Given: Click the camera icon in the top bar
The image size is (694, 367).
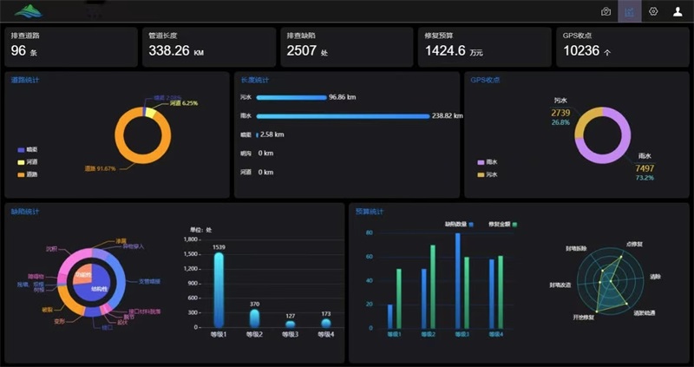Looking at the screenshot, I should [x=606, y=11].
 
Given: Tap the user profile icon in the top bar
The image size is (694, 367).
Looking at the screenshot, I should [x=678, y=11].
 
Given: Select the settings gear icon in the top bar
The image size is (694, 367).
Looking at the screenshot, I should [x=653, y=11].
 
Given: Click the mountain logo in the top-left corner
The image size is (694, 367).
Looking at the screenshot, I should [x=28, y=11].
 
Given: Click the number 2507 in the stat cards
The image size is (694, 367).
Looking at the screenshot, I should [x=301, y=51].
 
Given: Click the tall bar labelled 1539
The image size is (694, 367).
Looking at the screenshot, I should [x=219, y=290].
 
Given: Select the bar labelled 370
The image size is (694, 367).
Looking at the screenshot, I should [x=254, y=318].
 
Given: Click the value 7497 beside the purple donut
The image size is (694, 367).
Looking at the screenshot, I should [x=645, y=168].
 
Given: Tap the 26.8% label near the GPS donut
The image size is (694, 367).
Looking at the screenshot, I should [x=560, y=122].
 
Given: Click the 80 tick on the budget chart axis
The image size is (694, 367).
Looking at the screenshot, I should [x=369, y=233].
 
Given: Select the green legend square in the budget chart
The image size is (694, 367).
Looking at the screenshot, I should [x=514, y=224].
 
